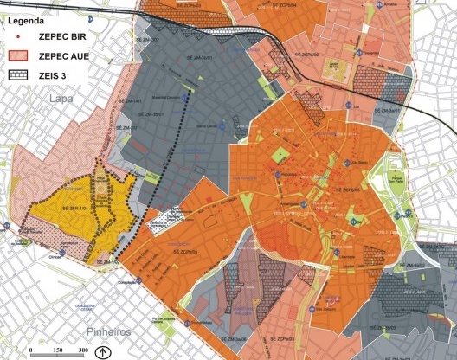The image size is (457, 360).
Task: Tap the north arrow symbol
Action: click(101, 350)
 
